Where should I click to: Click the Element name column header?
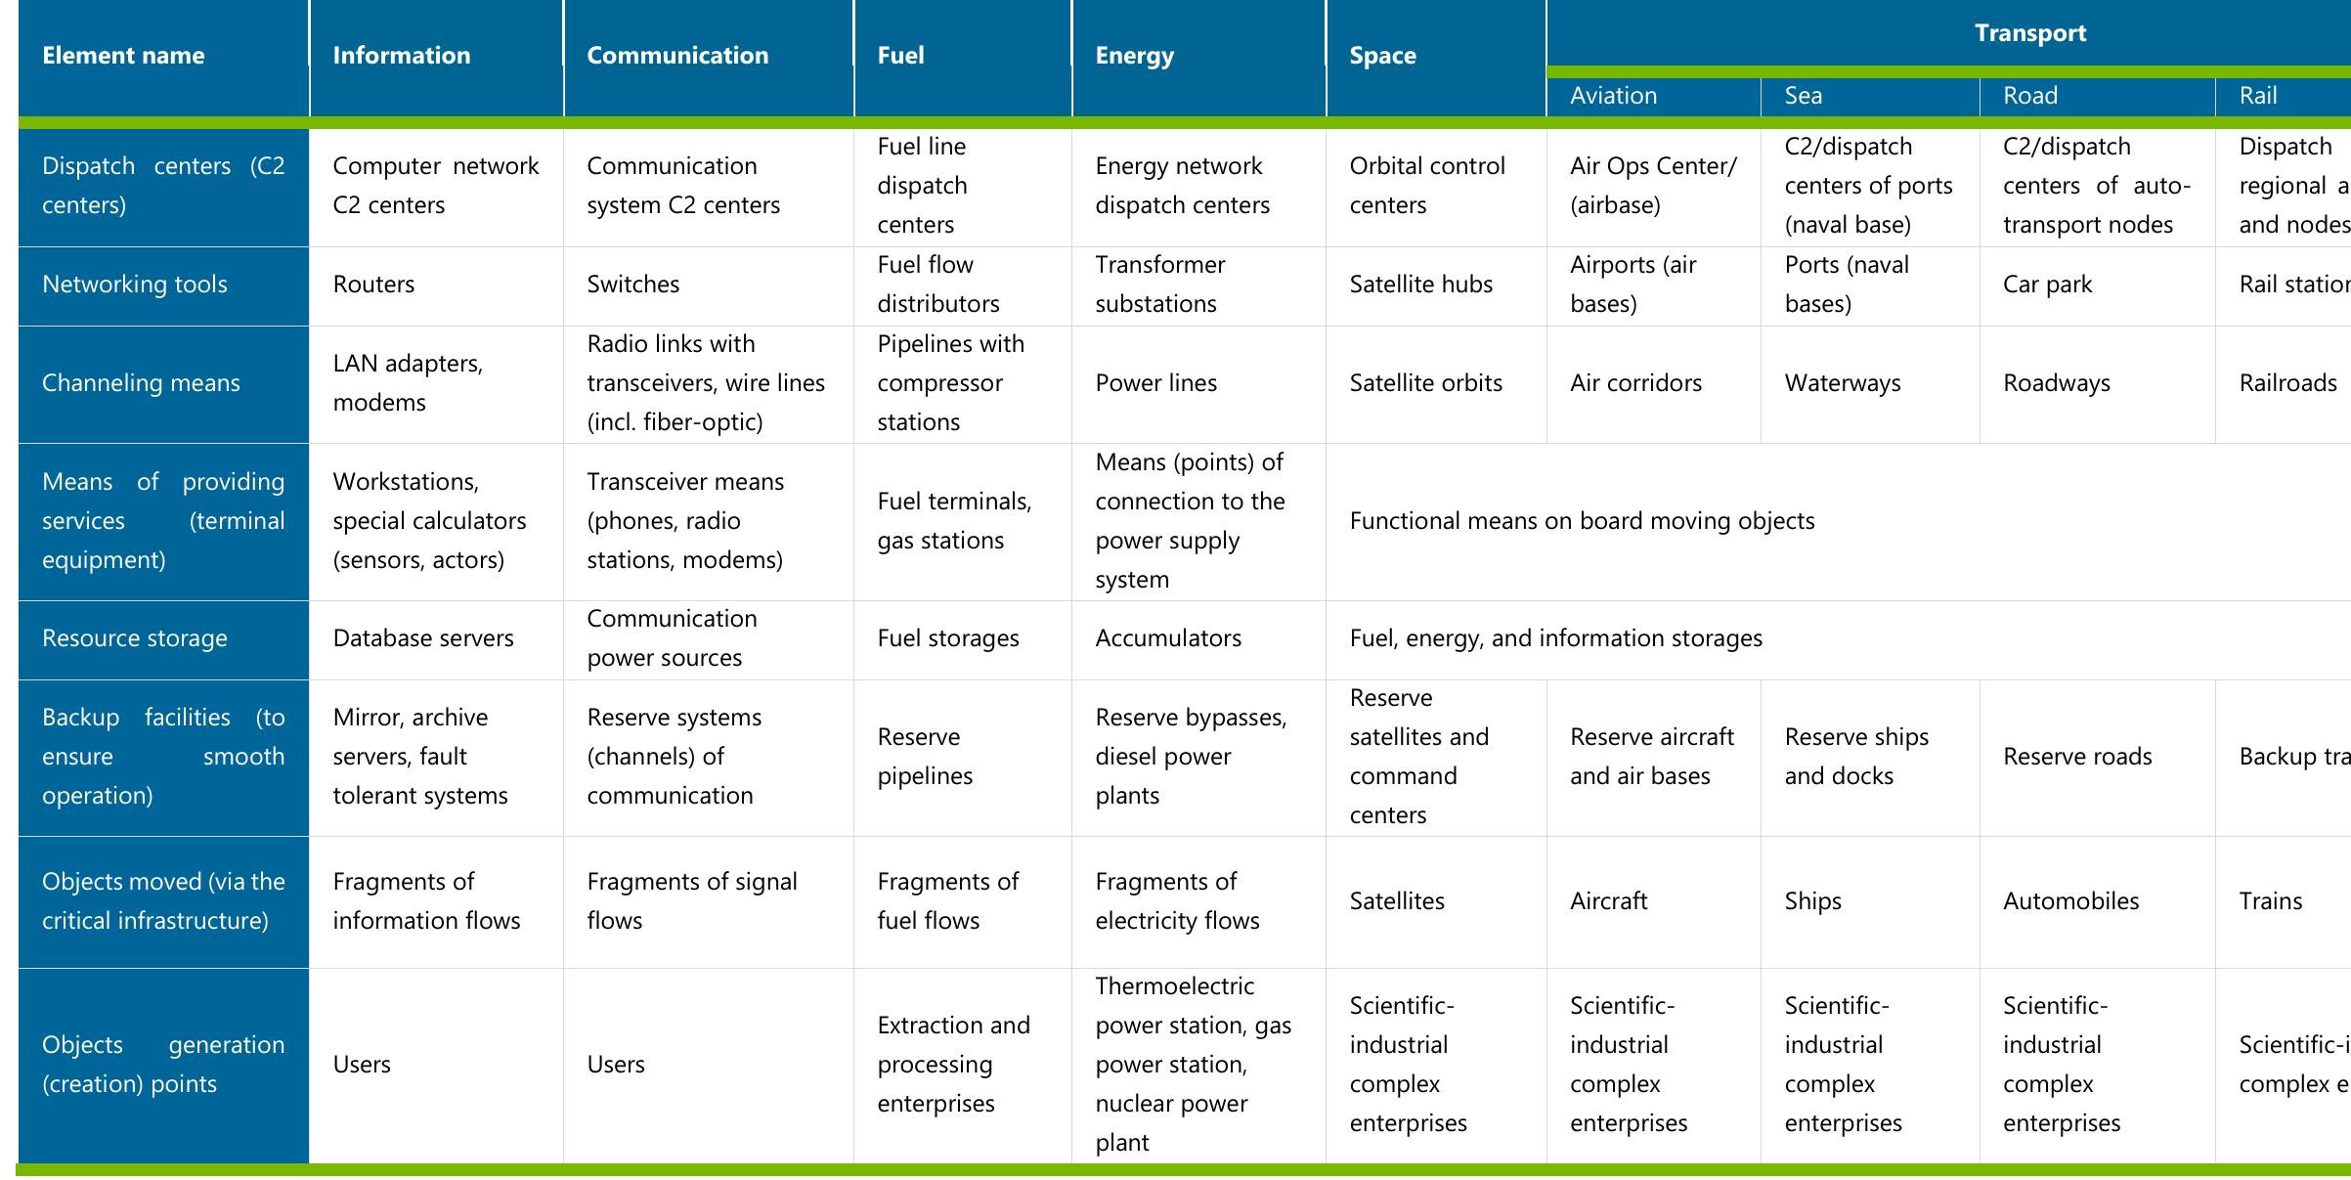(123, 56)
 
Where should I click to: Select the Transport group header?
(2029, 33)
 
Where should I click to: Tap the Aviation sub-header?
(1613, 96)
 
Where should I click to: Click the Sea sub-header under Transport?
(1803, 96)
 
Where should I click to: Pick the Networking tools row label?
(135, 284)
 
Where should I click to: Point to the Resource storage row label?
(135, 638)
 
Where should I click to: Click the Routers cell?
(373, 284)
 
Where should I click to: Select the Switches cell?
(632, 284)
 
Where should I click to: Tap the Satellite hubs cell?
(1420, 284)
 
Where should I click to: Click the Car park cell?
(2047, 284)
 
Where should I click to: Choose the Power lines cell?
(1155, 383)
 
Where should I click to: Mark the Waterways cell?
(1842, 383)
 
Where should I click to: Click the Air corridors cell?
(1635, 383)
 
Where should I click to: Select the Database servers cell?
(422, 638)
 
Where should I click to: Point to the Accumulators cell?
(1167, 638)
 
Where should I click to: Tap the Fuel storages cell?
(947, 638)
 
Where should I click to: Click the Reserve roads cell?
(2077, 757)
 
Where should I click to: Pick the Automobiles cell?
(2070, 901)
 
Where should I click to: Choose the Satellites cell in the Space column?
(1396, 901)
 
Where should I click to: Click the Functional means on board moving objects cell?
(1581, 521)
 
